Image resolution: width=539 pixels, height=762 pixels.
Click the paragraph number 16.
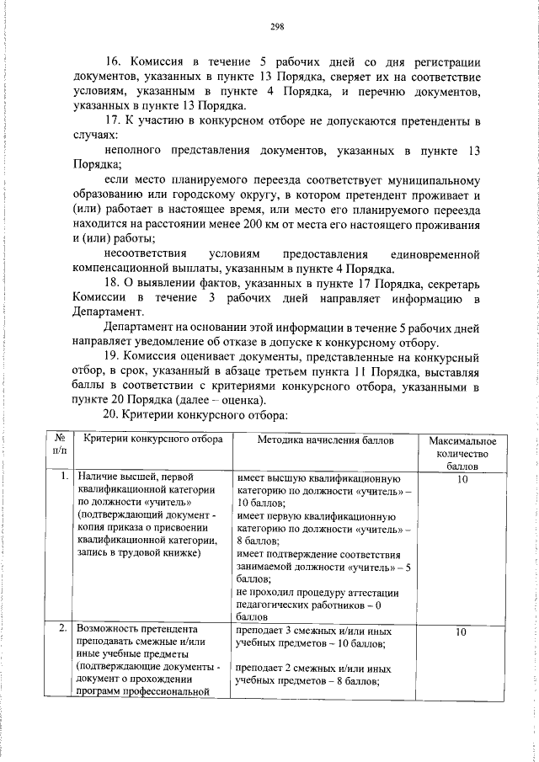[112, 62]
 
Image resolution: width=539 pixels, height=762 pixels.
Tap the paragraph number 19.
[112, 356]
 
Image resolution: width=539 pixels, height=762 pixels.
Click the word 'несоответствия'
[147, 253]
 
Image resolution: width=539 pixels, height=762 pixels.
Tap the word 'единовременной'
[435, 253]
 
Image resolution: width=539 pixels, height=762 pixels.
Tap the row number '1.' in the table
[65, 477]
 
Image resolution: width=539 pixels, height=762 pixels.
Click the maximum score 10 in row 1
[462, 478]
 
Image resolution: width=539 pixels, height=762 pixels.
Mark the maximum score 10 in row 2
[462, 630]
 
